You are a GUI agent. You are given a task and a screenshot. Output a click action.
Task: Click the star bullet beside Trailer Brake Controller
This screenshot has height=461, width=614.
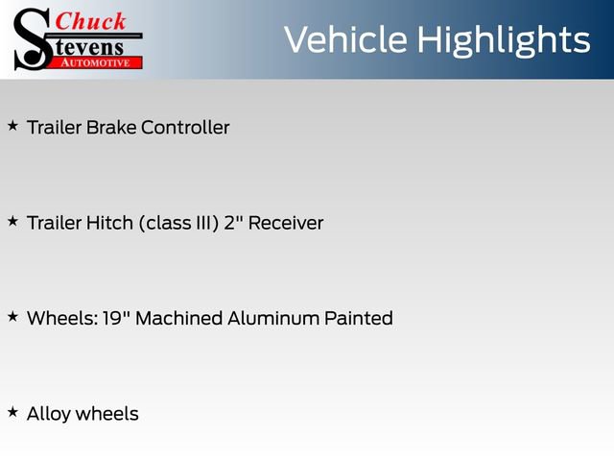coord(12,126)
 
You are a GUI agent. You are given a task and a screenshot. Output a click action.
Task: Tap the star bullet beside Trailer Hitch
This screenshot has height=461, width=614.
coord(12,221)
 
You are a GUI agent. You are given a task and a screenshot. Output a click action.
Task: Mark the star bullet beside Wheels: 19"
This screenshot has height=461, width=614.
coord(12,316)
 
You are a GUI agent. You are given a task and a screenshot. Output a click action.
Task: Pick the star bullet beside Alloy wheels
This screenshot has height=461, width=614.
coord(12,412)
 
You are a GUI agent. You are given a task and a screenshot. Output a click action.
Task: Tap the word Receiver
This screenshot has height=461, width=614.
coord(286,223)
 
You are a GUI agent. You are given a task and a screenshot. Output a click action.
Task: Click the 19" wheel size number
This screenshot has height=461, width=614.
coord(117,318)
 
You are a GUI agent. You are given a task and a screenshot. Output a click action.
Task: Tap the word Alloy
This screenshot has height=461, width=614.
coord(49,414)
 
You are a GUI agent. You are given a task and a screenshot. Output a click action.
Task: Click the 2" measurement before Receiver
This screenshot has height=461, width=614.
coord(234,223)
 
